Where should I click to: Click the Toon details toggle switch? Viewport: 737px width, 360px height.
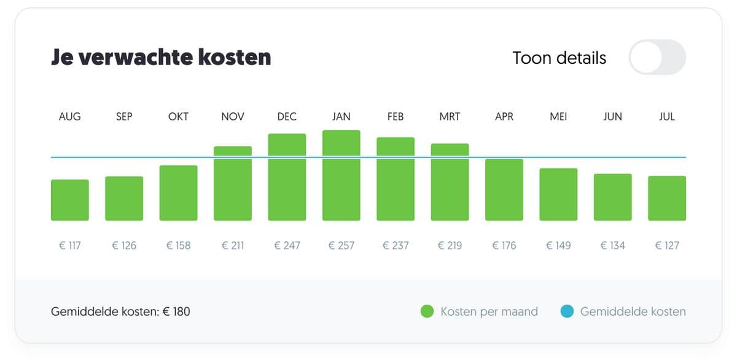[657, 57]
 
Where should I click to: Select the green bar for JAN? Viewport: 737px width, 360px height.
[341, 176]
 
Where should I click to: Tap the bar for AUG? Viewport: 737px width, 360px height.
[69, 200]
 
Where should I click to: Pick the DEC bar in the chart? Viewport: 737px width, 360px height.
[287, 177]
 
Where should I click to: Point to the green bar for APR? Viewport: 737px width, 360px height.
[504, 190]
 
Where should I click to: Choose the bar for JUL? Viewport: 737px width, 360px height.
[666, 198]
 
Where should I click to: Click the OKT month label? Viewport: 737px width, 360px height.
[178, 117]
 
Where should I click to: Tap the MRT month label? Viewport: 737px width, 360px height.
[450, 117]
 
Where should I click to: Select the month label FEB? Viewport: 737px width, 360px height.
[396, 117]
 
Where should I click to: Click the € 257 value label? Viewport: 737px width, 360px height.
[341, 246]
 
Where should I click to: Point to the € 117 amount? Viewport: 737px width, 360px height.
[69, 246]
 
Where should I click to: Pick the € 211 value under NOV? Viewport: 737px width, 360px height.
[232, 246]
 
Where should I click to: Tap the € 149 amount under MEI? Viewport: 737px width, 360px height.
[558, 246]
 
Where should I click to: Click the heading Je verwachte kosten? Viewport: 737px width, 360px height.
[161, 58]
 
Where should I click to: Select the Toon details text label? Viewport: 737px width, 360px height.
[559, 58]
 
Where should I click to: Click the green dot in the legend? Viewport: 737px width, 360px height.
[427, 311]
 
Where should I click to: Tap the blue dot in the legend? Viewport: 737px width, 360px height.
[567, 311]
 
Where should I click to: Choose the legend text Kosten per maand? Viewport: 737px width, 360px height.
[489, 311]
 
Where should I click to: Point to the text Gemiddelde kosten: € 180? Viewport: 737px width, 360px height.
[120, 311]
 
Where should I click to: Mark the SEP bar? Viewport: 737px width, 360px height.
[124, 198]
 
